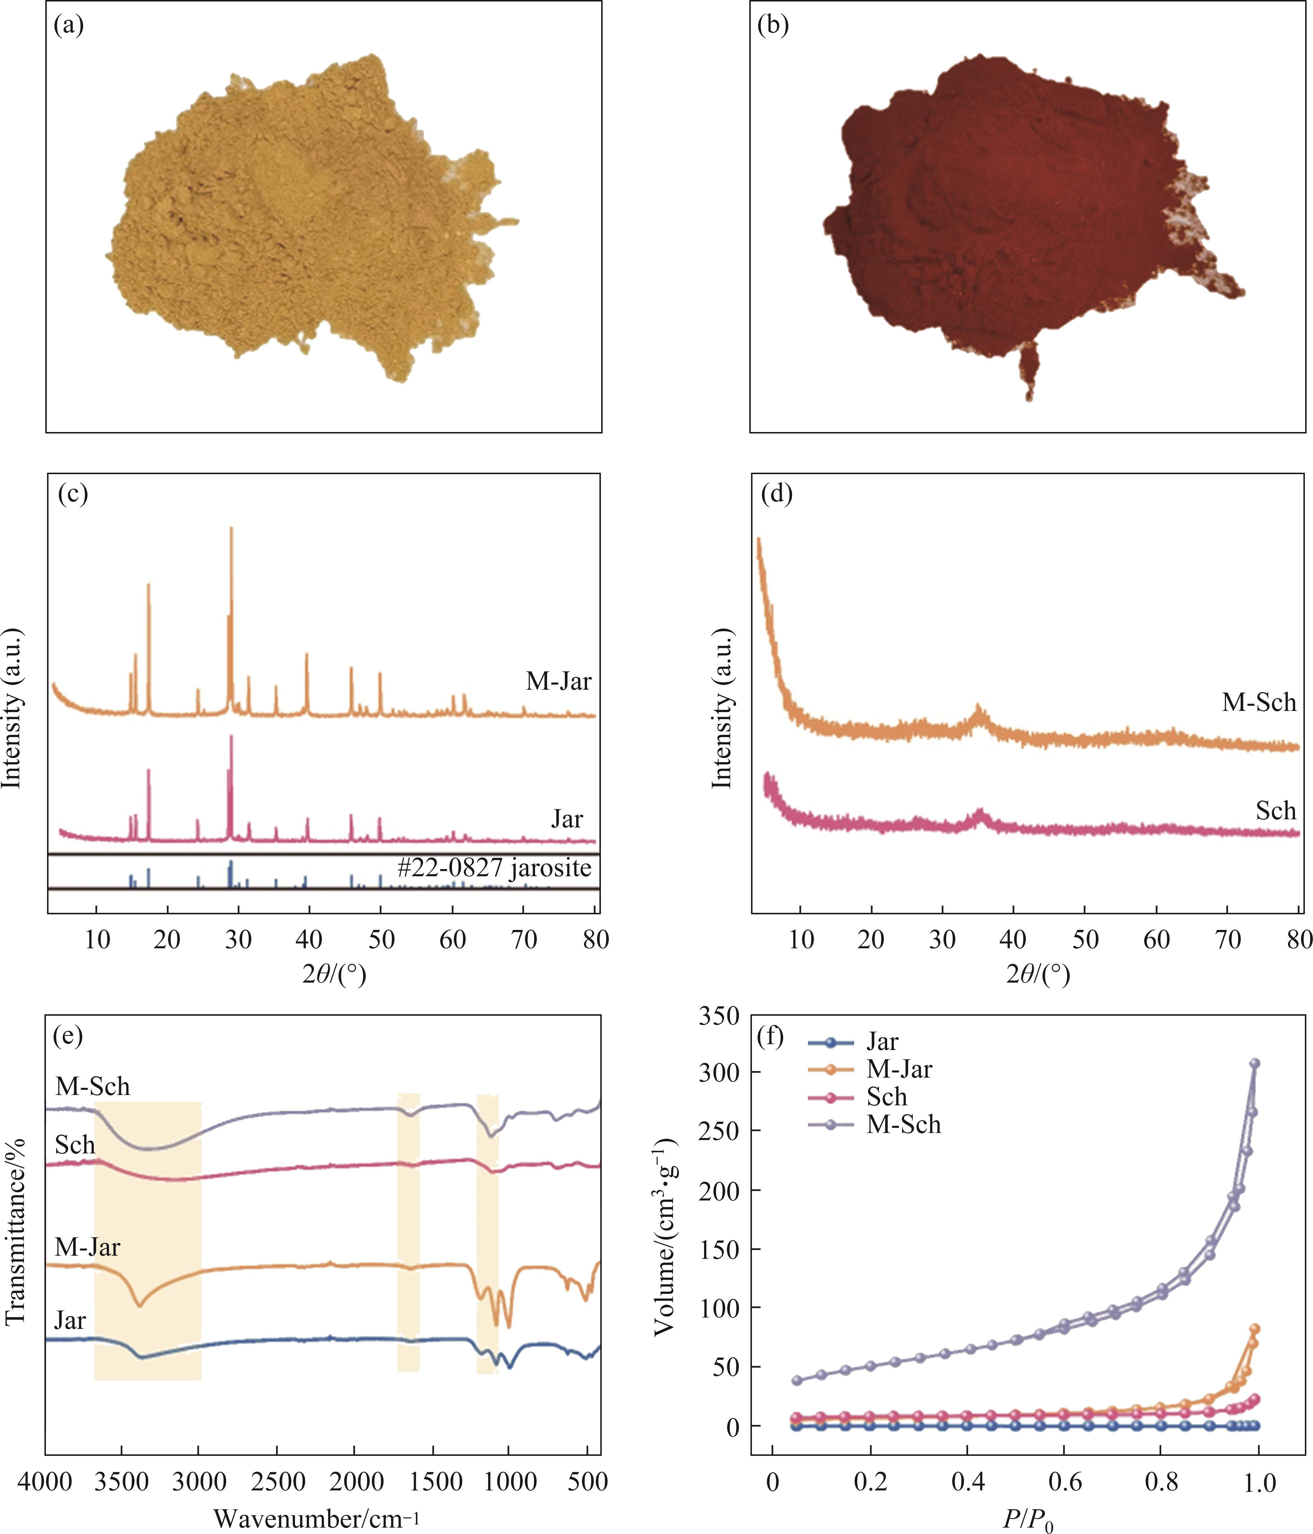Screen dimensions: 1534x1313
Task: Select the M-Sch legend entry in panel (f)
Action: [x=903, y=1125]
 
